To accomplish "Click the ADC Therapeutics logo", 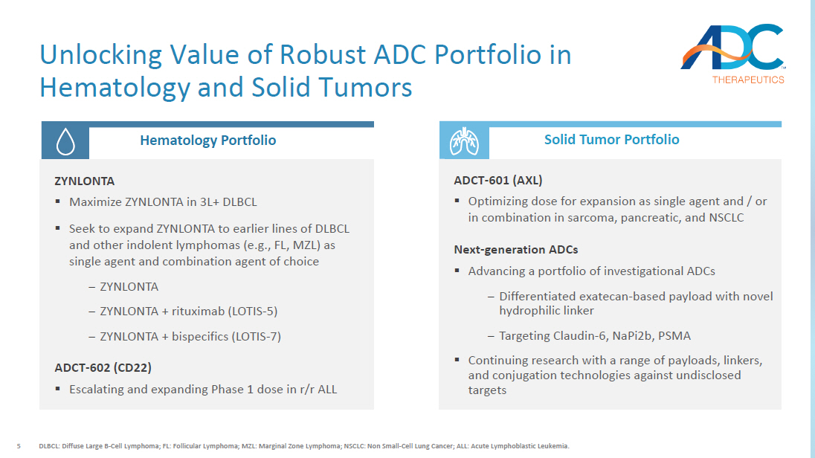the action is click(733, 54).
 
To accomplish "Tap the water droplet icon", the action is click(65, 141).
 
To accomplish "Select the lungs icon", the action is click(464, 141).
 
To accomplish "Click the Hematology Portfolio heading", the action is click(208, 141).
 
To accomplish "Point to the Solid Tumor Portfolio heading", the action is click(612, 139).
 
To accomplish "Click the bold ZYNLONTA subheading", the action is click(84, 181).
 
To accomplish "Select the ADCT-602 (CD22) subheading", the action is click(103, 367).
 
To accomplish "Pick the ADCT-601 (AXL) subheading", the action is click(498, 180).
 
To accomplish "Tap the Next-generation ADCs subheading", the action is click(515, 250).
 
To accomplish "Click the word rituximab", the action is click(199, 311).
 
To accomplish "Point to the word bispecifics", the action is click(200, 336).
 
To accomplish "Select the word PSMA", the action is click(674, 336).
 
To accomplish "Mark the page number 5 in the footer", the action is click(19, 446).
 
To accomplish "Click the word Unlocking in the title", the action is click(101, 54).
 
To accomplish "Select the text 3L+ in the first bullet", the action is click(210, 201).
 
